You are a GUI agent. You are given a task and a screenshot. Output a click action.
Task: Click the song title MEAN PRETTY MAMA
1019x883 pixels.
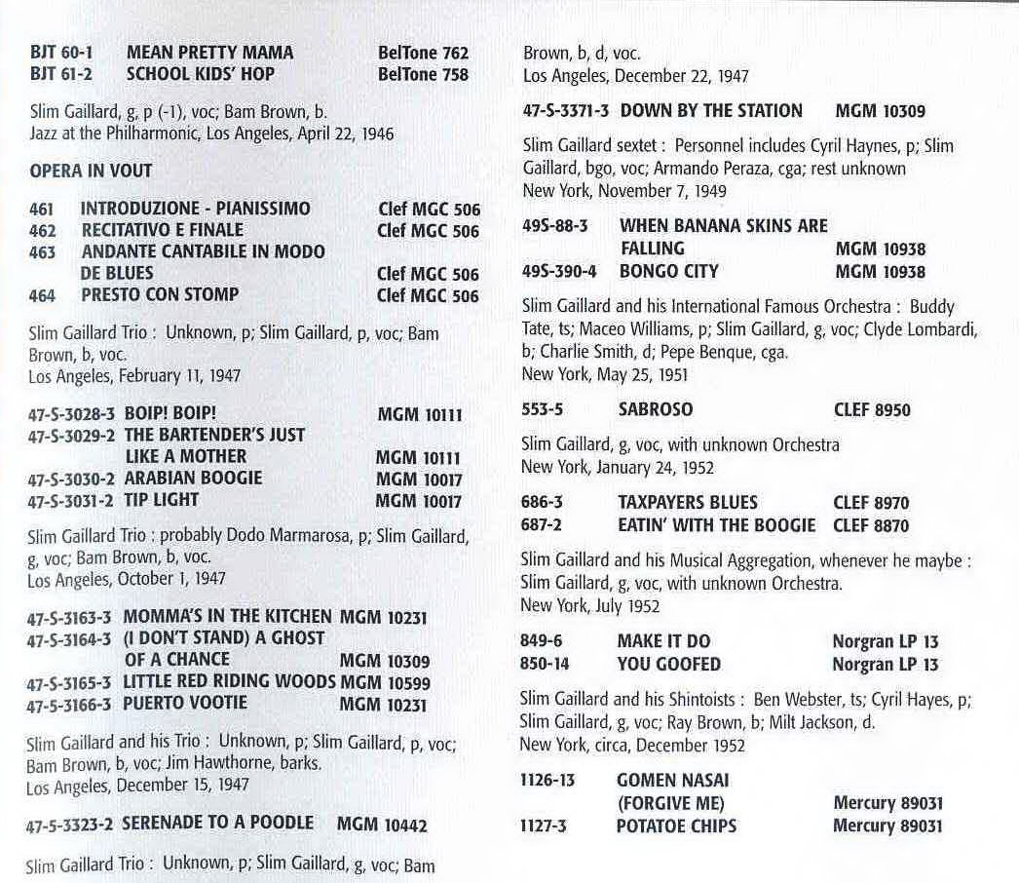coord(209,53)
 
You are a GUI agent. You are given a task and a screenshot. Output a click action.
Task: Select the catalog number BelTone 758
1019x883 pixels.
coord(423,74)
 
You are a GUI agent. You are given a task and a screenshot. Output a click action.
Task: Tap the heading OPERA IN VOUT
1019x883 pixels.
coord(92,170)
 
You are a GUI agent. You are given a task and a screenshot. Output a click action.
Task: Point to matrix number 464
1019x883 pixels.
coord(42,295)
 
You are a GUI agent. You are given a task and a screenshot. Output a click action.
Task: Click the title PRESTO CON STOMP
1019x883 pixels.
coord(160,294)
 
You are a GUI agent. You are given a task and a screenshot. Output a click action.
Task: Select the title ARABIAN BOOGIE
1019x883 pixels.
coord(193,479)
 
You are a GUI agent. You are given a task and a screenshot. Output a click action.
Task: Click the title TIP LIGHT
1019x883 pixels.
coord(161,500)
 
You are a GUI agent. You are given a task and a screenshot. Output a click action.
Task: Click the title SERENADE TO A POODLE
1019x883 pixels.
coord(217,824)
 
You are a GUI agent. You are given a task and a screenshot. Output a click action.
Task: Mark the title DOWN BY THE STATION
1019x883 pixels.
coord(711,111)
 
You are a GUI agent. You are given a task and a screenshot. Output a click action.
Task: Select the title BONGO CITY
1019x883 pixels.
coord(668,271)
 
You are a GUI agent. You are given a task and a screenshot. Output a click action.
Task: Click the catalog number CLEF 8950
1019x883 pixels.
coord(872,410)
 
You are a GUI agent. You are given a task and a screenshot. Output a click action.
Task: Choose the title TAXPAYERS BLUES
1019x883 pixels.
coord(687,503)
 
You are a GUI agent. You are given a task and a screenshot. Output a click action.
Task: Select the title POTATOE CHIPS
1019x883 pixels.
coord(676,825)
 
